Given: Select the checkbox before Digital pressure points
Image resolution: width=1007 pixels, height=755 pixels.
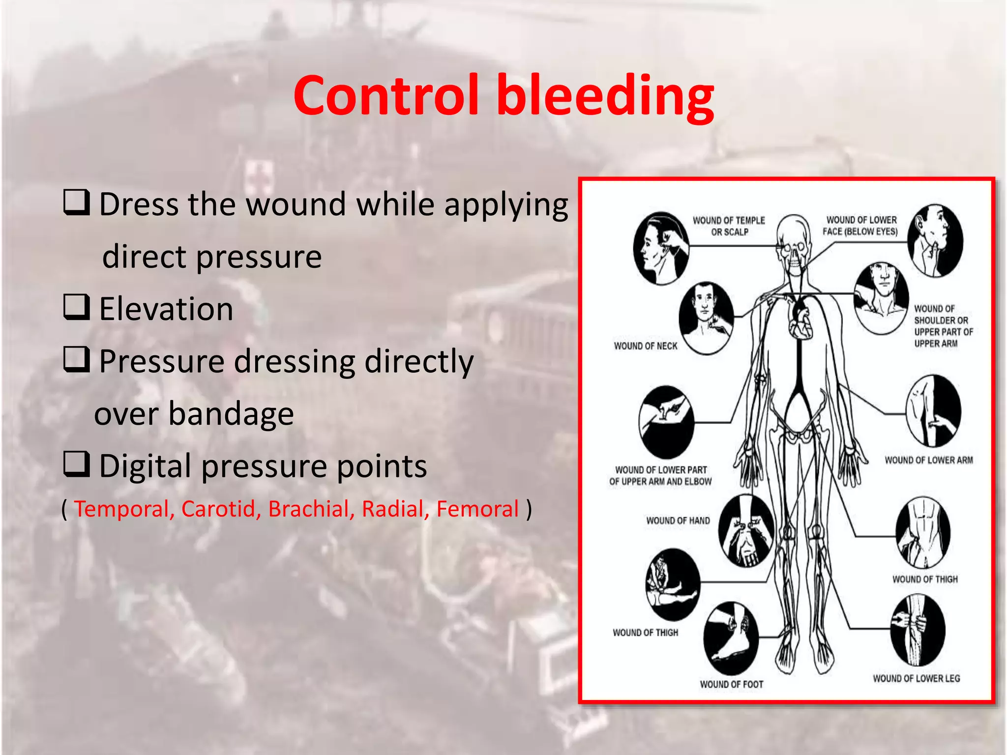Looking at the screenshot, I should click(76, 464).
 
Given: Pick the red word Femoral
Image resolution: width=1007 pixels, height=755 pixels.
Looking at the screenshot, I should click(477, 509).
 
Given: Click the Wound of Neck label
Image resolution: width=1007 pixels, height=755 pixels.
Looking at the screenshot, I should click(645, 346).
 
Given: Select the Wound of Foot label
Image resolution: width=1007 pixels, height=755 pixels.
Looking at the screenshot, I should click(732, 684).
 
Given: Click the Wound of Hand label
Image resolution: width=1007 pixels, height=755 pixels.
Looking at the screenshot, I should click(678, 521).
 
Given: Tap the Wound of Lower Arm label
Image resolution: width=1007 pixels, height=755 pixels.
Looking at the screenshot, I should click(928, 460).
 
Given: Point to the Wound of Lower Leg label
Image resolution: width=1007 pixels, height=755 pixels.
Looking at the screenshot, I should click(916, 678).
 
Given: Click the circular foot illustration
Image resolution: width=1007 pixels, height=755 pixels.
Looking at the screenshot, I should click(731, 638).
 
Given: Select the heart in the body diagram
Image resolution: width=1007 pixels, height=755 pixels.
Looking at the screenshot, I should click(800, 319).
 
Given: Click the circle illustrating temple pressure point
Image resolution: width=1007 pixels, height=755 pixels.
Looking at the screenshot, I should click(660, 248).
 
